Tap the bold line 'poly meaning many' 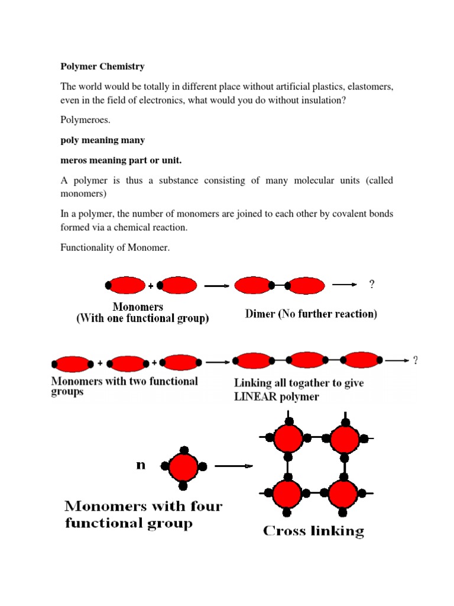click(x=102, y=140)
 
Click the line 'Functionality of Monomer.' click(x=115, y=247)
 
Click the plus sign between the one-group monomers click(x=151, y=286)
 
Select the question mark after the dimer click(x=372, y=285)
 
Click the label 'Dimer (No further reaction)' click(x=311, y=314)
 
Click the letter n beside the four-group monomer click(x=141, y=465)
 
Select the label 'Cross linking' click(x=313, y=531)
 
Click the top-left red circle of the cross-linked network click(x=288, y=439)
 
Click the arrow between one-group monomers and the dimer click(x=216, y=286)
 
